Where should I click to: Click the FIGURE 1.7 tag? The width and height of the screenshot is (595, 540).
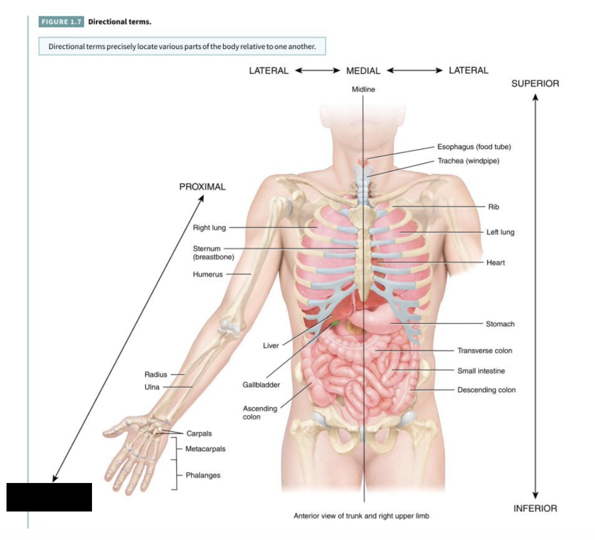click(61, 21)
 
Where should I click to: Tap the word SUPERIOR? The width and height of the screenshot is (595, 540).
click(535, 83)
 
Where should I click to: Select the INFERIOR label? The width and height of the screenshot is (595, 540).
click(535, 508)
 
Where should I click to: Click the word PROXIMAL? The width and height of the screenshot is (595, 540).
click(202, 186)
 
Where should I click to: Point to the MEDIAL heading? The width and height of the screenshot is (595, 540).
click(363, 71)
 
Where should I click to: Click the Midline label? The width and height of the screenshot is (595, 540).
click(363, 89)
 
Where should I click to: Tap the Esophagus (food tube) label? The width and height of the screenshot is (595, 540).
click(474, 146)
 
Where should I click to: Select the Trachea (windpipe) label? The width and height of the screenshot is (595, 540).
click(468, 160)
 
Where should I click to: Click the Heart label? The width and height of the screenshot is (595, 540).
click(495, 262)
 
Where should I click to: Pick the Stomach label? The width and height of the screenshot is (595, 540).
click(500, 324)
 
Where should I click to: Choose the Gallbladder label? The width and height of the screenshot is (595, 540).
click(261, 384)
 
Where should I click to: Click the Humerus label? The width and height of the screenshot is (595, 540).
click(207, 274)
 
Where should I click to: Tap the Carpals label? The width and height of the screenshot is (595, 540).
click(199, 433)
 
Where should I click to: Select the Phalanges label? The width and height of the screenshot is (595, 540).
click(203, 475)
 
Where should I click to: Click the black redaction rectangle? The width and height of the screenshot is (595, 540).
click(49, 497)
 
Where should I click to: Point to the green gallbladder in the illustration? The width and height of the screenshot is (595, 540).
click(333, 324)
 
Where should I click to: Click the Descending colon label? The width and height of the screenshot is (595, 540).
click(486, 390)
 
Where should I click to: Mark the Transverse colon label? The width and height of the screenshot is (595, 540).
click(484, 350)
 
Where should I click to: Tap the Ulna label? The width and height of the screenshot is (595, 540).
click(152, 387)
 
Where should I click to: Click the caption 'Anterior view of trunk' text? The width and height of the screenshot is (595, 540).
click(361, 516)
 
